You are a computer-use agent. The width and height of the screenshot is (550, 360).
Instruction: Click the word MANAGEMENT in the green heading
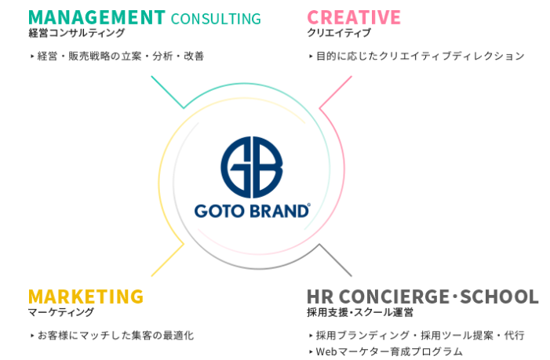(97, 17)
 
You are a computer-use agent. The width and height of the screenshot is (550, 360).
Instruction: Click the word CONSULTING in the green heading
(216, 18)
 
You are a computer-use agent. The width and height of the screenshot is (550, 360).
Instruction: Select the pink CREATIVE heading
(354, 17)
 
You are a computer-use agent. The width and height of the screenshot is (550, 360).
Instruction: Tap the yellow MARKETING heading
(86, 296)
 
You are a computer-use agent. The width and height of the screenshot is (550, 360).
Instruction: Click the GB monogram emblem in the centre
(251, 167)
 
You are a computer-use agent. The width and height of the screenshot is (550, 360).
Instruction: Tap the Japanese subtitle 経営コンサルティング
(76, 34)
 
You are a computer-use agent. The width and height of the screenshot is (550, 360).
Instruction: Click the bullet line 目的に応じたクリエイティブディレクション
(419, 56)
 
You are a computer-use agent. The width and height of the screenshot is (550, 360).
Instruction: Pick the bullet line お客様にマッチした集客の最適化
(113, 336)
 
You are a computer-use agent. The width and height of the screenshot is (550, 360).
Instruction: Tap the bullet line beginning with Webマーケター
(388, 352)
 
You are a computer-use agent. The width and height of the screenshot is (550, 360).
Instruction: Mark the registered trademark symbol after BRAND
(308, 205)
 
